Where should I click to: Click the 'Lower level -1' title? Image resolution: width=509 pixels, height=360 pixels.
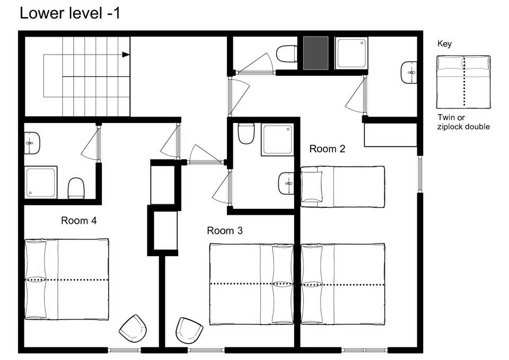(70, 14)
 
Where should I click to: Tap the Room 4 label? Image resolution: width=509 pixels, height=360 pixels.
(79, 221)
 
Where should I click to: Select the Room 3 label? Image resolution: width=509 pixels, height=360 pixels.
(225, 231)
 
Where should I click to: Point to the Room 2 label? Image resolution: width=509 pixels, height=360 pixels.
(327, 148)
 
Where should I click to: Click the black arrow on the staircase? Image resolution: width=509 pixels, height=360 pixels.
(126, 55)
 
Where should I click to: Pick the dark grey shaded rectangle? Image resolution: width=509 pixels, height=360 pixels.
(316, 53)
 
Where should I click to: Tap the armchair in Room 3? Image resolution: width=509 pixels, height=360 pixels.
(189, 331)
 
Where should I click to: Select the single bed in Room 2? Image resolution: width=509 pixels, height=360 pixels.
(343, 187)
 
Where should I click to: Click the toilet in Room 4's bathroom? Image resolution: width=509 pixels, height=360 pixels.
(76, 188)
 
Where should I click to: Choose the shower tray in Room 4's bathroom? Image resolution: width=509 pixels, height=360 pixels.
(41, 182)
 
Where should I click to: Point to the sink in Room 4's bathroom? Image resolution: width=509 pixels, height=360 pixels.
(32, 143)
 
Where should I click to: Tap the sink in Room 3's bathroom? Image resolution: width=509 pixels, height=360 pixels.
(286, 183)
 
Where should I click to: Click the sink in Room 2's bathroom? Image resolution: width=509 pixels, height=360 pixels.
(409, 73)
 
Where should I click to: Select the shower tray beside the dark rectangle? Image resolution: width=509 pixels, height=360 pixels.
(352, 53)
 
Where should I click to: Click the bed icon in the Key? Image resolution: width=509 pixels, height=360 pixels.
(463, 82)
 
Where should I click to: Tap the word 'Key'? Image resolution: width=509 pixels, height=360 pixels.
(444, 44)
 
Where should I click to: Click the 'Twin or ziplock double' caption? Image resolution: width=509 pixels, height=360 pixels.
(463, 122)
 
